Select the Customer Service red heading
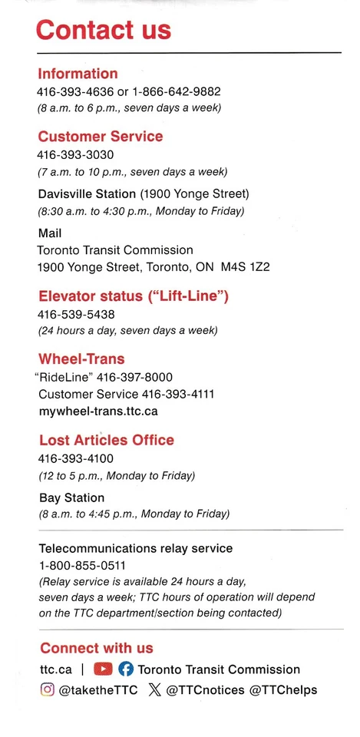point(100,137)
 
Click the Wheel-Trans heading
point(81,359)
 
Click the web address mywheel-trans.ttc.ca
point(98,411)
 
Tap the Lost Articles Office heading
point(107,440)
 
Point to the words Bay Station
point(71,497)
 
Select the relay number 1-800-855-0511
point(82,566)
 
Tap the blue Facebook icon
point(125,669)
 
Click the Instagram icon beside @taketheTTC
point(47,689)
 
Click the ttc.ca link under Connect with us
point(55,669)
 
